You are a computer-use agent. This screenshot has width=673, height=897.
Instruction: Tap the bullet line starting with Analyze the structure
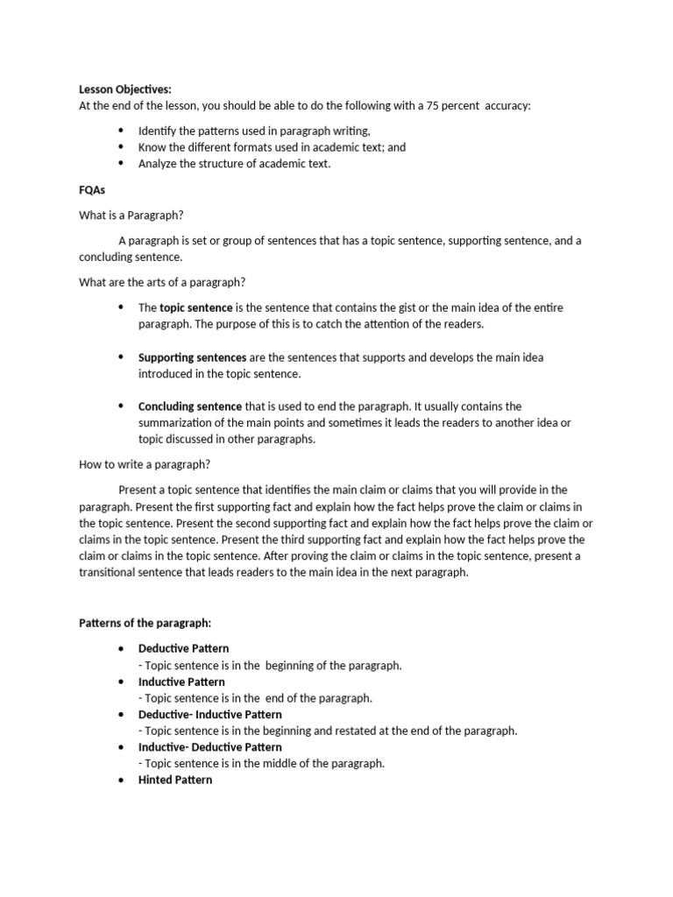tap(234, 163)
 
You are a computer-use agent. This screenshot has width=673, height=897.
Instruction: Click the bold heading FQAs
tap(92, 188)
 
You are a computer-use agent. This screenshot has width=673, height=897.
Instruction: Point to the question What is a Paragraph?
tap(131, 215)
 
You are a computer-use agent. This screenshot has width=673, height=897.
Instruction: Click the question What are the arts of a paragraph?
tap(162, 282)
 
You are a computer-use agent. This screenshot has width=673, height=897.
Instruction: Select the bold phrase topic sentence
tap(196, 308)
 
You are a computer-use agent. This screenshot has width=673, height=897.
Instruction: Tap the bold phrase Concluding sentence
tap(190, 406)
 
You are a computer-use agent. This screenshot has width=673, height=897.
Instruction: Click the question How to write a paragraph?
tap(145, 464)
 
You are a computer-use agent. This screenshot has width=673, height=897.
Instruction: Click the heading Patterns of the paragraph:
tap(145, 623)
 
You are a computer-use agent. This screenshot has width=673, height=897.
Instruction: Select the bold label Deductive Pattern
tap(183, 649)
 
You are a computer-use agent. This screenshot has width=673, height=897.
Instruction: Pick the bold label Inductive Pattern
tap(181, 682)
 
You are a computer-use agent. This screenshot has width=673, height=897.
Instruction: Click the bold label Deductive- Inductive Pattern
tap(210, 715)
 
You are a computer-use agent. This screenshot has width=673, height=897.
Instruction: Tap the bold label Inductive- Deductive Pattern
tap(210, 747)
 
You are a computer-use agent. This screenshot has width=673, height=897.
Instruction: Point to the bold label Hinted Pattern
tap(175, 780)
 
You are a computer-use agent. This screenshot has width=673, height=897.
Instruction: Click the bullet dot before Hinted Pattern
tap(120, 780)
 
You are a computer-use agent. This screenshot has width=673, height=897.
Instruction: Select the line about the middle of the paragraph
tap(261, 763)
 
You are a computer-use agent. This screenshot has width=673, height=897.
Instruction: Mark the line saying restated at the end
tap(328, 731)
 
